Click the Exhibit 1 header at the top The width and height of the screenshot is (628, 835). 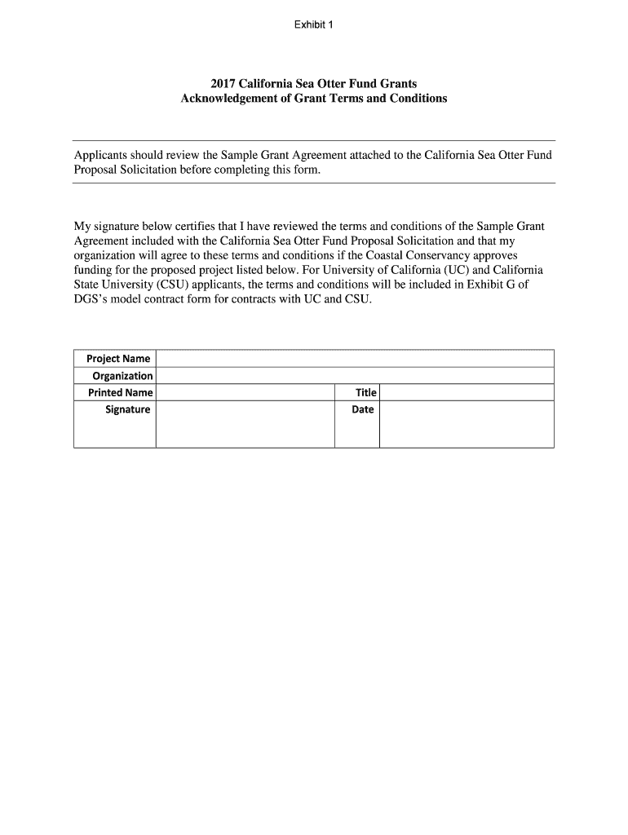314,24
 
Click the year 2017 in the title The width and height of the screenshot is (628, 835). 223,84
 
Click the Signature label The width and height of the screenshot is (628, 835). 127,409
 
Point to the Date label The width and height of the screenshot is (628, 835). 363,409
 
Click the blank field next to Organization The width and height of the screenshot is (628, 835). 355,376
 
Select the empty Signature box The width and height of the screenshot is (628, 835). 245,424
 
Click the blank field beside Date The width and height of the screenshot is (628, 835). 467,424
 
